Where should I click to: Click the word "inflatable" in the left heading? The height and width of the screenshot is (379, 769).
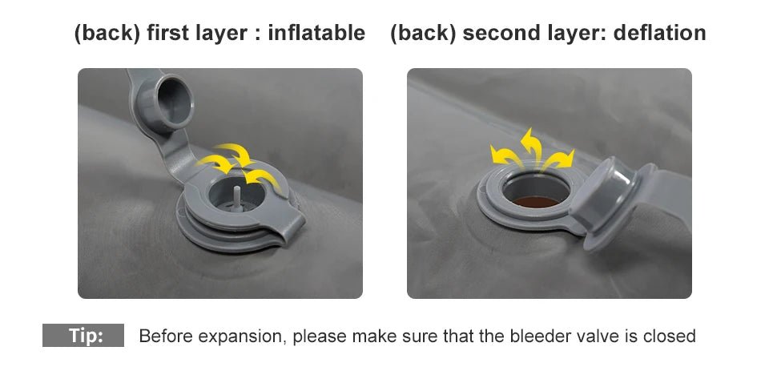tap(316, 34)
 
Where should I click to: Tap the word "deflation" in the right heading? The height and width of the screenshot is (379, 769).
tap(659, 34)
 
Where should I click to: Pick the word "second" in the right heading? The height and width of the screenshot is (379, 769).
tap(497, 34)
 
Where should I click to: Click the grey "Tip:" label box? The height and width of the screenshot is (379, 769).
tap(83, 336)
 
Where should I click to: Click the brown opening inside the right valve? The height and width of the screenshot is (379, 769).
tap(536, 201)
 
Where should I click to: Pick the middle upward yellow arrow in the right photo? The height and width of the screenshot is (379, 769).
tap(532, 147)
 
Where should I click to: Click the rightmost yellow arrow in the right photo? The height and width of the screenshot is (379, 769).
tap(558, 160)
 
